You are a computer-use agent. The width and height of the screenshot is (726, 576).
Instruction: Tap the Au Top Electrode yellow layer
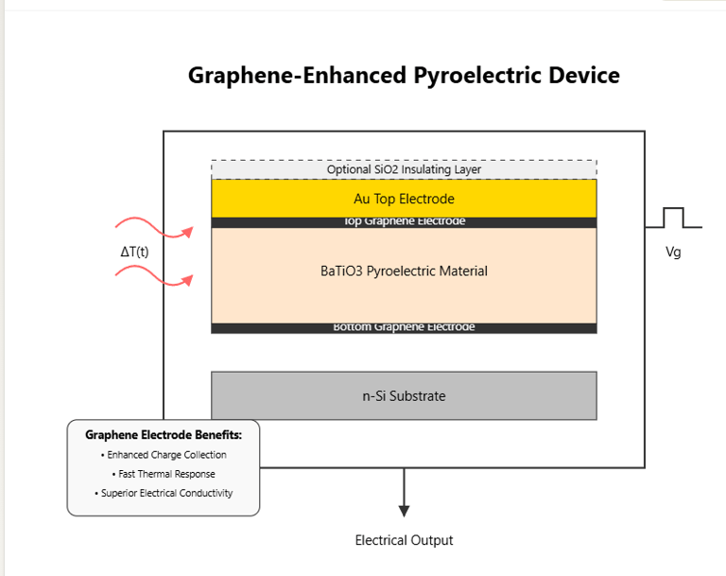(404, 199)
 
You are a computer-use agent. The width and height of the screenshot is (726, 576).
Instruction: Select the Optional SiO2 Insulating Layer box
(404, 169)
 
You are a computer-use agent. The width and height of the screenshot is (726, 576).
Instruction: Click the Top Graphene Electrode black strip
(404, 222)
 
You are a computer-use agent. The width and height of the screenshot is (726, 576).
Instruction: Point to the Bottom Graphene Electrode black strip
(404, 328)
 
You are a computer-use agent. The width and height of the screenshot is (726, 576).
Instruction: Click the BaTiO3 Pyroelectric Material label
(404, 271)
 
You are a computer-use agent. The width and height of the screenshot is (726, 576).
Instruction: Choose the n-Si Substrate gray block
(404, 395)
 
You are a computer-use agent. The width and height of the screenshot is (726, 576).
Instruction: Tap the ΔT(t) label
(134, 253)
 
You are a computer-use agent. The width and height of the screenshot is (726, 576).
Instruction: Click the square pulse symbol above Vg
(673, 218)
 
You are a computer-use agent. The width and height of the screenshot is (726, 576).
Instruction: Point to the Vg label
(674, 253)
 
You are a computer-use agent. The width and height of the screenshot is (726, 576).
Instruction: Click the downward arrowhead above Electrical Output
(404, 511)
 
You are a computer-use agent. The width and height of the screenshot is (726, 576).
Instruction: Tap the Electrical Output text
(404, 541)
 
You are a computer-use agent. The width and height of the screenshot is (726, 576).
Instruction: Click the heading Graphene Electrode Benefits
(164, 435)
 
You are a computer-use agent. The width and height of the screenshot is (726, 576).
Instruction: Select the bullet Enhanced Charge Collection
(164, 455)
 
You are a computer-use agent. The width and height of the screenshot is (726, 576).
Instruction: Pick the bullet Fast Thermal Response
(164, 474)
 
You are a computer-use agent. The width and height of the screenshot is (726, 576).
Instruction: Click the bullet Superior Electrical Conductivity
(164, 493)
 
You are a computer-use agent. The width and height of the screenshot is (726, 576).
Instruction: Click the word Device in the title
(578, 76)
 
